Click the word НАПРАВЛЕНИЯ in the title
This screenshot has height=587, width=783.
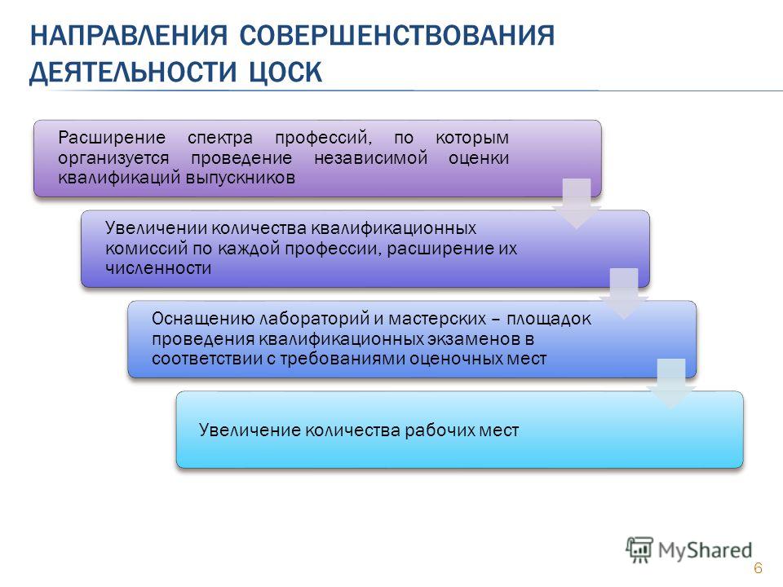pos(129,35)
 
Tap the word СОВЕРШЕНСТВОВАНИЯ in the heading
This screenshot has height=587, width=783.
pos(397,35)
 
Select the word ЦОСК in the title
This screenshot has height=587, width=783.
pos(285,72)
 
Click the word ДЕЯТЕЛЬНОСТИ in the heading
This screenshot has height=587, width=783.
pos(132,72)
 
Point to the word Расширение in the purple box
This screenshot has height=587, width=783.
pos(112,137)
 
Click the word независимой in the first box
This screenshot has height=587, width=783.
pos(371,157)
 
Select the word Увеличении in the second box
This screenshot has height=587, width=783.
pos(157,228)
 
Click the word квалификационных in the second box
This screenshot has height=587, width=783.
pos(394,228)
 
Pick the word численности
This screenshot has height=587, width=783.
pos(158,268)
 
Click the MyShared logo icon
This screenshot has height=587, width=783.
pos(639,549)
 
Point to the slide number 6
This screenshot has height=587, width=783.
pos(758,567)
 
